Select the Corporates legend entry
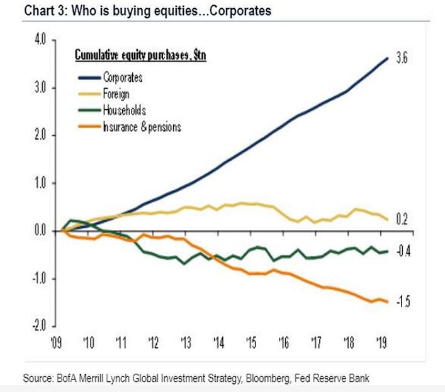[122, 78]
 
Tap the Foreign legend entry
[116, 94]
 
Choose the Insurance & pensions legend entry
[142, 127]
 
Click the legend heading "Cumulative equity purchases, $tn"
[141, 56]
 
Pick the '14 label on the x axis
[218, 343]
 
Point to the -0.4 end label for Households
[402, 252]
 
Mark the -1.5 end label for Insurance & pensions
[403, 302]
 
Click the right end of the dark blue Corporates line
[386, 58]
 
